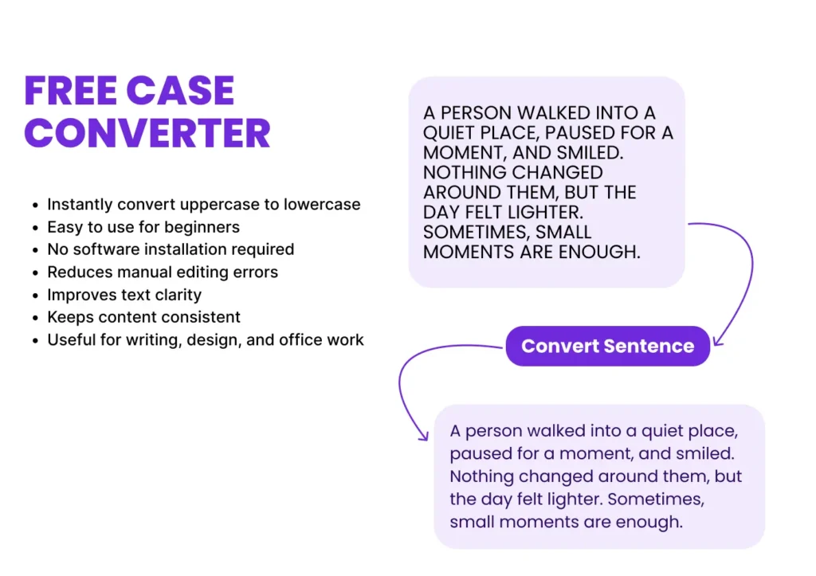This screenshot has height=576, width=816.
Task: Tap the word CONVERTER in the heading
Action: point(147,133)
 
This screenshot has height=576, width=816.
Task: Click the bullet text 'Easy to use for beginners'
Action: point(143,227)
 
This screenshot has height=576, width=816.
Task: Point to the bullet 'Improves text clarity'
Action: point(124,295)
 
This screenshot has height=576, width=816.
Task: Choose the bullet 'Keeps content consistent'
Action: point(143,317)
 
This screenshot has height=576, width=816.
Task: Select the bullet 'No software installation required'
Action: point(171,249)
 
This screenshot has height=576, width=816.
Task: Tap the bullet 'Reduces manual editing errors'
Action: point(163,272)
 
